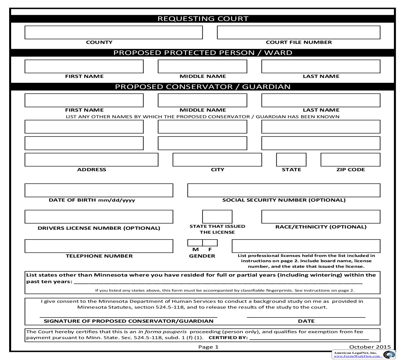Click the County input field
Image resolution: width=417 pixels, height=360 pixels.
[x=113, y=32]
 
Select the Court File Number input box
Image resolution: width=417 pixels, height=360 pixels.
[x=299, y=32]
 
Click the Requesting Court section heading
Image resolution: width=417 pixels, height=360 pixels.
[x=203, y=19]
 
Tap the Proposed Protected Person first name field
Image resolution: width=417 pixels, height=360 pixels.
[x=84, y=66]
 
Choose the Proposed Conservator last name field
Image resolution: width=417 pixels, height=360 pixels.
[x=321, y=100]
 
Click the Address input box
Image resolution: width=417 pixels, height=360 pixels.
[x=91, y=160]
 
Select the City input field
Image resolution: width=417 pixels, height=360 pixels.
[x=217, y=160]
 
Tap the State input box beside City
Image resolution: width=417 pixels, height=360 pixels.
[x=291, y=160]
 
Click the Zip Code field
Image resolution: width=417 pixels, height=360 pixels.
[x=350, y=160]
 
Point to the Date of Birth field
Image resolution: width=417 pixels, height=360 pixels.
[x=99, y=190]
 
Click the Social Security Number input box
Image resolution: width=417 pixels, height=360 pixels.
[x=284, y=190]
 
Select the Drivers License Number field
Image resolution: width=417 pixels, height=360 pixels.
[x=99, y=217]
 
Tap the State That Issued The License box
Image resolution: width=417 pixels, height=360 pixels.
[x=217, y=217]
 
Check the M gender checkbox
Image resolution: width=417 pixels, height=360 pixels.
[x=195, y=243]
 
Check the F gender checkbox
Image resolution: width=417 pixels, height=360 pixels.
[x=210, y=243]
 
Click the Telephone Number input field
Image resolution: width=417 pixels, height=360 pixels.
[x=99, y=246]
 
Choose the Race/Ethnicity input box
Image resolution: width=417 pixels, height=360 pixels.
[x=321, y=217]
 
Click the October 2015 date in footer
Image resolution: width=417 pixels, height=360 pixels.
[x=370, y=347]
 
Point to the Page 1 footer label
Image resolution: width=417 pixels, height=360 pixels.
[x=208, y=347]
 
